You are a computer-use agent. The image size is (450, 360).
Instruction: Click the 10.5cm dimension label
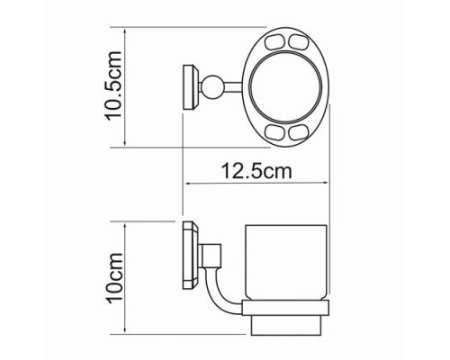pos(113,85)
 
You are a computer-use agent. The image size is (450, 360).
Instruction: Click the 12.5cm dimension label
pos(256,171)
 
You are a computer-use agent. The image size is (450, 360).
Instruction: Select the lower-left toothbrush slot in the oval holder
pos(274,131)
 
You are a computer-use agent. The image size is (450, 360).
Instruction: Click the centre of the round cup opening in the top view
pos(285,86)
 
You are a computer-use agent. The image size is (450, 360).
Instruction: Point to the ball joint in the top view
pos(212,87)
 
